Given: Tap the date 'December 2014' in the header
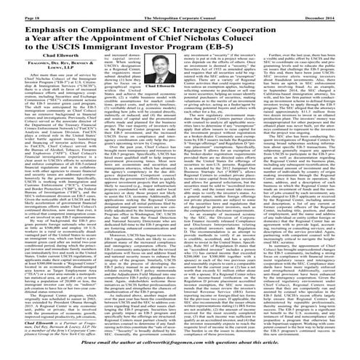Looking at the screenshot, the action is (331, 7).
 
